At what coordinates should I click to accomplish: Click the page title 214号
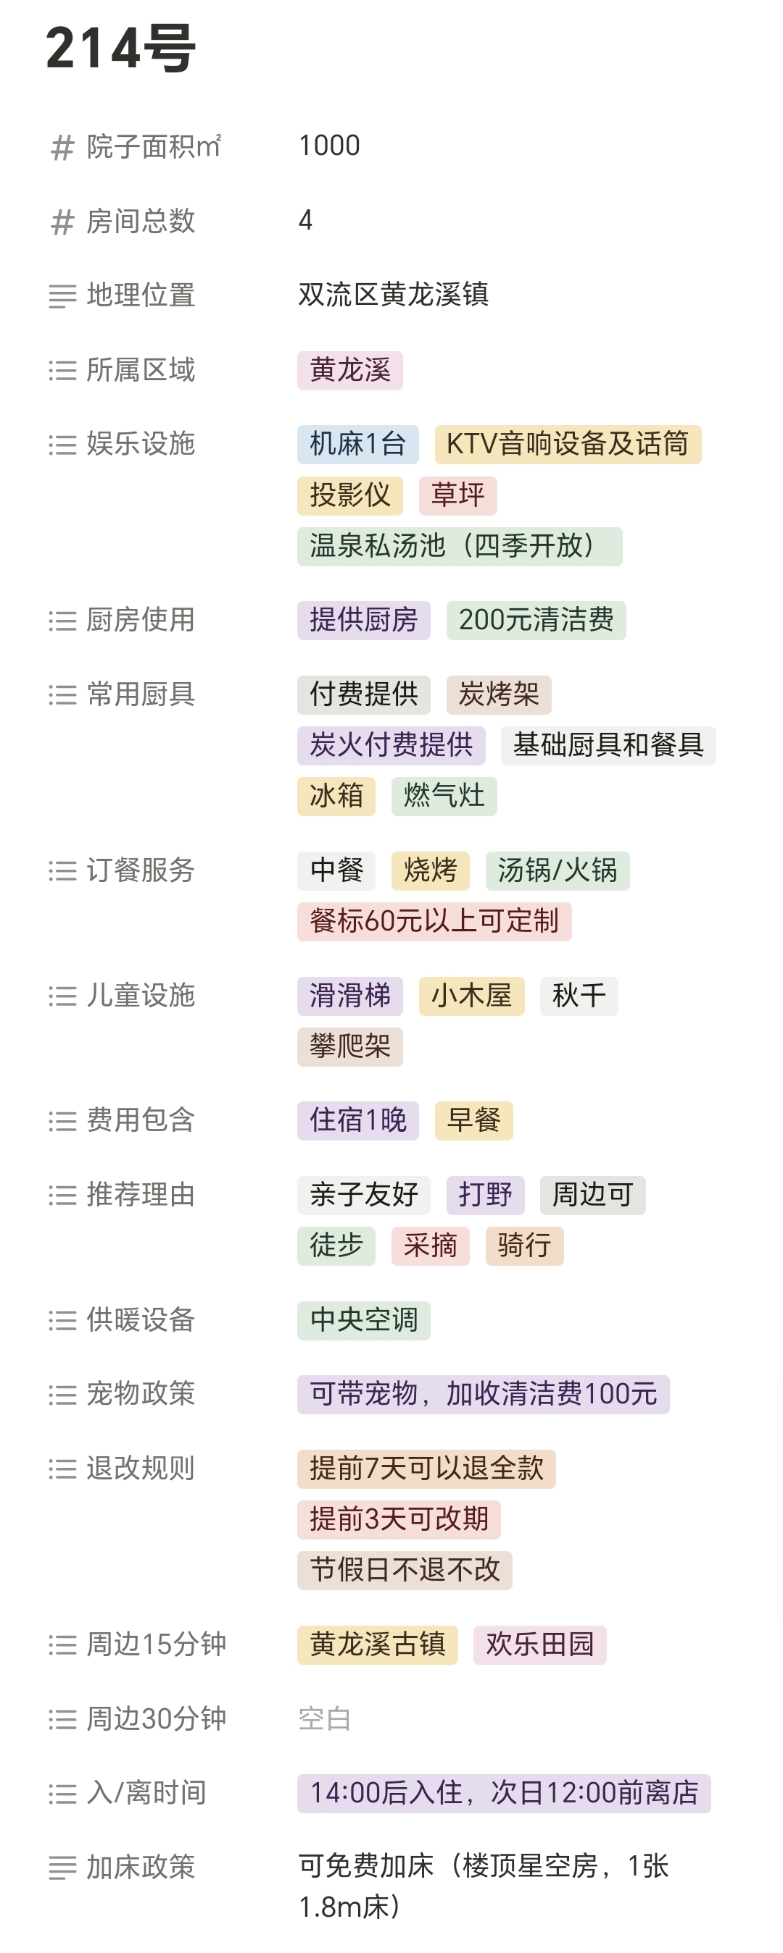(x=120, y=49)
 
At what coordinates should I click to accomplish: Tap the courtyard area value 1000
(x=329, y=146)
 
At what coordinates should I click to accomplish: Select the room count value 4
(x=305, y=220)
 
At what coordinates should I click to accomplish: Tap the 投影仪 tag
(x=349, y=495)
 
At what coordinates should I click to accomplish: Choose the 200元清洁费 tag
(x=536, y=620)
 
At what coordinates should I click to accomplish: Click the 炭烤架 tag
(x=499, y=694)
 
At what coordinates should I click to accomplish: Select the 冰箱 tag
(x=336, y=796)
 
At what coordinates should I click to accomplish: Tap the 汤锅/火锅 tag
(x=557, y=870)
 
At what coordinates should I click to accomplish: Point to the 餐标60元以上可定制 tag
(x=434, y=921)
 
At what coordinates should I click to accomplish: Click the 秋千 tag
(x=579, y=996)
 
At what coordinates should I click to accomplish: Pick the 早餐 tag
(x=473, y=1120)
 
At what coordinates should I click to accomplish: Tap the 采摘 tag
(x=430, y=1246)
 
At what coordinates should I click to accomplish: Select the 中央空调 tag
(x=363, y=1320)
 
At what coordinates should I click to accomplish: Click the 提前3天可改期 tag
(x=398, y=1519)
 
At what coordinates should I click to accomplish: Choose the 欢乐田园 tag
(x=539, y=1645)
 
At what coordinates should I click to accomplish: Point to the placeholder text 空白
(x=324, y=1718)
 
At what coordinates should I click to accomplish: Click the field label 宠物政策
(x=141, y=1393)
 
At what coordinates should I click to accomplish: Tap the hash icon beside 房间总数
(x=62, y=222)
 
